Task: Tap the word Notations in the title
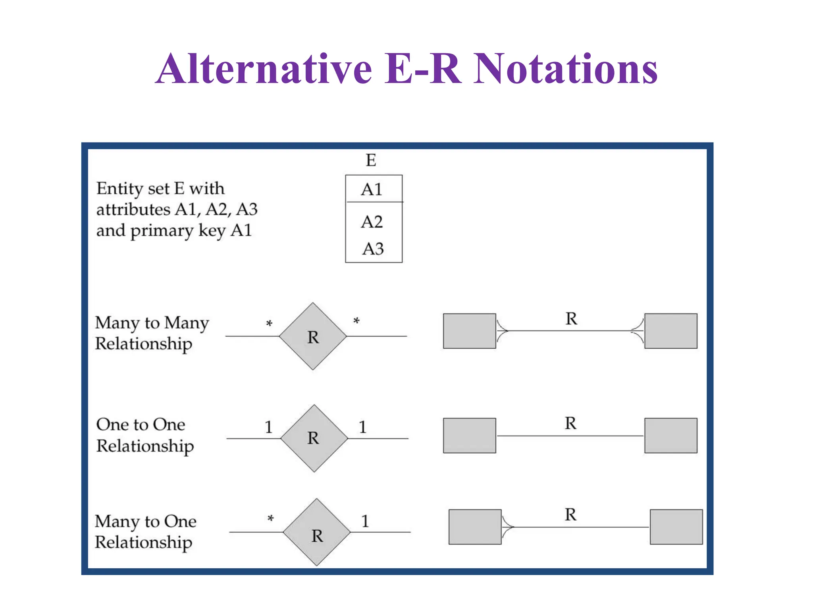(x=565, y=69)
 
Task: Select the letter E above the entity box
(x=371, y=160)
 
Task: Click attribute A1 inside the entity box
(x=372, y=189)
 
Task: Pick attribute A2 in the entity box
(x=372, y=222)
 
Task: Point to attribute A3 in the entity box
(x=373, y=249)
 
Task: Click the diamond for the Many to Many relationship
(x=313, y=336)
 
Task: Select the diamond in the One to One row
(x=314, y=438)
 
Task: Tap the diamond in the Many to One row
(x=317, y=532)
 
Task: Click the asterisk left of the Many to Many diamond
(x=269, y=324)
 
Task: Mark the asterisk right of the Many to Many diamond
(x=356, y=321)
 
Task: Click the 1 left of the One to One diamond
(x=269, y=427)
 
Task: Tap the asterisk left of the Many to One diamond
(x=271, y=519)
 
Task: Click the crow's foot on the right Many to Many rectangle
(x=638, y=331)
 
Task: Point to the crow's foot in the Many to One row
(x=507, y=527)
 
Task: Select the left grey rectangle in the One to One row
(x=470, y=436)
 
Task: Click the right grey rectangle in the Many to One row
(x=676, y=527)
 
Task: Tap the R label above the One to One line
(x=570, y=423)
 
